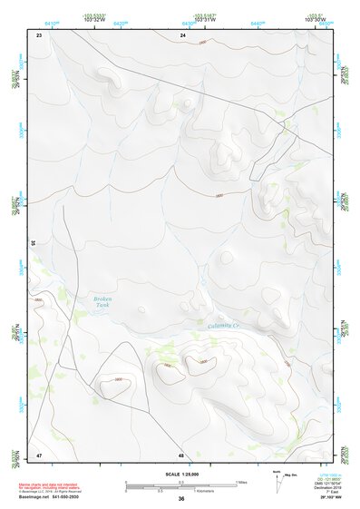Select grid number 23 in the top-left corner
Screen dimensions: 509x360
39,34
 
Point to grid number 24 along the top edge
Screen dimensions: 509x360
182,34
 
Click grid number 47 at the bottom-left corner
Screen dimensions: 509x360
39,455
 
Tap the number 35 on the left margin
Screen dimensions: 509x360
33,243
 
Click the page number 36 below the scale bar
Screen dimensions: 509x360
181,498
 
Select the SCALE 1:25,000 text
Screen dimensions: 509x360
181,475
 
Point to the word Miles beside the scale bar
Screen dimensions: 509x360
241,482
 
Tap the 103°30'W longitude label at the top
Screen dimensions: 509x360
316,19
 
